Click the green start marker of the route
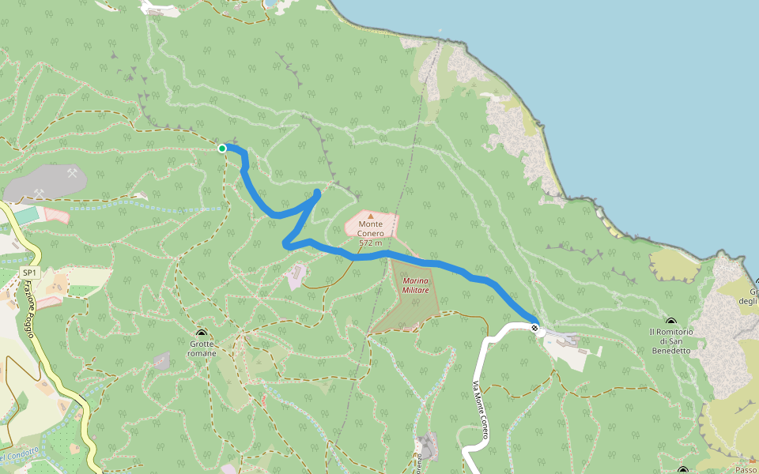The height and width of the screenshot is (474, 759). click(x=222, y=149)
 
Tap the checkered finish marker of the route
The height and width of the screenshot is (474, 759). click(x=535, y=327)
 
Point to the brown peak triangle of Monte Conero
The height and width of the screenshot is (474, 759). click(x=370, y=215)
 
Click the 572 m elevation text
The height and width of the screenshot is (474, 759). click(x=370, y=243)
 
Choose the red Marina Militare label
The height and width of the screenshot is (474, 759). click(x=415, y=285)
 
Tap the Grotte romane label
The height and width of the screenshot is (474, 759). click(x=202, y=348)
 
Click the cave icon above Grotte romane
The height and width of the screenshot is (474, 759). click(x=202, y=333)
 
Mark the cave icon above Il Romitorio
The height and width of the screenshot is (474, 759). click(x=671, y=322)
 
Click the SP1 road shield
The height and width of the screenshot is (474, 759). click(x=29, y=273)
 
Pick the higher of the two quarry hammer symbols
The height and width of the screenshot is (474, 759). click(x=73, y=172)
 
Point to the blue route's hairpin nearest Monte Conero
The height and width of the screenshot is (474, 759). click(x=317, y=193)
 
